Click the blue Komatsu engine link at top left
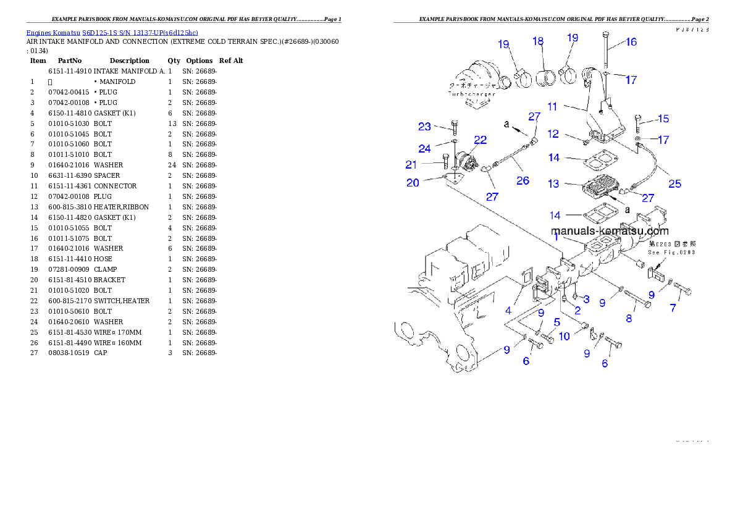pyautogui.click(x=112, y=32)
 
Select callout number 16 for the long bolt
pyautogui.click(x=631, y=42)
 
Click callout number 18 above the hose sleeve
pyautogui.click(x=538, y=41)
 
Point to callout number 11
pyautogui.click(x=552, y=107)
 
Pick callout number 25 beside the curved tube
pyautogui.click(x=675, y=183)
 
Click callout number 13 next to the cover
pyautogui.click(x=553, y=184)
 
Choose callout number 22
pyautogui.click(x=480, y=140)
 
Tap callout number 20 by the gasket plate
pyautogui.click(x=413, y=182)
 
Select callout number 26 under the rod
pyautogui.click(x=523, y=181)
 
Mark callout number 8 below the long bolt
pyautogui.click(x=629, y=319)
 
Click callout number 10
pyautogui.click(x=564, y=336)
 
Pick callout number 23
pyautogui.click(x=424, y=127)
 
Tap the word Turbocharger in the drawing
pyautogui.click(x=472, y=94)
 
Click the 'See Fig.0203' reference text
pyautogui.click(x=671, y=253)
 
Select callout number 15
pyautogui.click(x=662, y=119)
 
